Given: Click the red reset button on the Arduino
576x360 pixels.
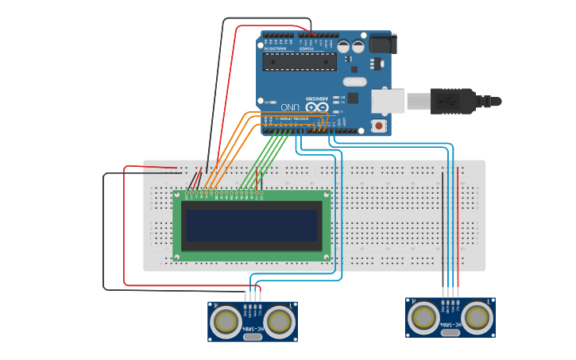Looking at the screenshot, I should point(379,126).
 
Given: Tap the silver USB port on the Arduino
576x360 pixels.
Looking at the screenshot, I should point(387,101).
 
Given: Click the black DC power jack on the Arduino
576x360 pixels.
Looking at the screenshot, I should point(381,43).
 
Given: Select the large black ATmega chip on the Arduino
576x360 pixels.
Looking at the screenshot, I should point(300,62).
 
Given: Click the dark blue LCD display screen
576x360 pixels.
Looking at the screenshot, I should point(251,225).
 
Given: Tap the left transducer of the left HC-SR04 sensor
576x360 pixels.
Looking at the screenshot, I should point(227,322).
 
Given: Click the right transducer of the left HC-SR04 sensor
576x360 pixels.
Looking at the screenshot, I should point(279,322).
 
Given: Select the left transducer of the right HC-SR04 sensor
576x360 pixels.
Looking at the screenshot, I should point(424,317).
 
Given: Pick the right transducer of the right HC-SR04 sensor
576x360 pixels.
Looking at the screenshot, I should point(477,317).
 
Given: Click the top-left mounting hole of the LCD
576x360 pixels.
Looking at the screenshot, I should point(177,195).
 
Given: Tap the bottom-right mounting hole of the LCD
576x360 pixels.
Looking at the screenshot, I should point(326,257).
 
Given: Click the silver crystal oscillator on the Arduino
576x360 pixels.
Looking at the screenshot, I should point(355,81).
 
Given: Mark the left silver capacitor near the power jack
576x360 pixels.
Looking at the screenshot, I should point(344,46).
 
